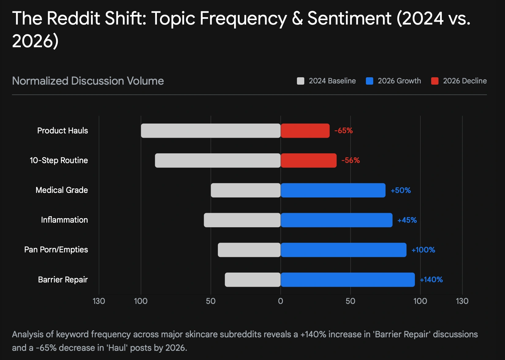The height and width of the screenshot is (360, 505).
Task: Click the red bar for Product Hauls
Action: point(305,131)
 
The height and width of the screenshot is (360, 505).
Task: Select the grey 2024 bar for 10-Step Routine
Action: point(218,160)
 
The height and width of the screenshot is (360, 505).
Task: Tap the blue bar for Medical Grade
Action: point(333,190)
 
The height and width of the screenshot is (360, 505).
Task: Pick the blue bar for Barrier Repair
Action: point(348,280)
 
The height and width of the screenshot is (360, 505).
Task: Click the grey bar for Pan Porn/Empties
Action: point(249,250)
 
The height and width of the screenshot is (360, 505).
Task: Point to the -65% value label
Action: point(344,131)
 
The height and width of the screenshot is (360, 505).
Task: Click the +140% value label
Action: point(431,280)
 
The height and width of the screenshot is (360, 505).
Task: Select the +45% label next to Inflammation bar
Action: point(407,220)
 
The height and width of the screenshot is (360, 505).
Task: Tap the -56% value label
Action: point(351,160)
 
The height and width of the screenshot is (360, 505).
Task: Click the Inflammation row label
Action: point(64,220)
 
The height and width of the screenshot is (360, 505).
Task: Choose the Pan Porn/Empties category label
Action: point(56,250)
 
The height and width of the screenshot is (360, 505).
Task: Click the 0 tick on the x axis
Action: point(280,301)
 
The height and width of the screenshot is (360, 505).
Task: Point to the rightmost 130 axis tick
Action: point(462,301)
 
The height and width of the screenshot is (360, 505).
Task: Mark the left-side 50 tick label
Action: point(211,301)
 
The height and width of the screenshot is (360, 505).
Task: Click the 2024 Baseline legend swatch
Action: point(301,81)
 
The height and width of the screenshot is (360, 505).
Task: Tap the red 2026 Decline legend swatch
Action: point(435,81)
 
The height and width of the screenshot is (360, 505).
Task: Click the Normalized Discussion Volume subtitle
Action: point(88,81)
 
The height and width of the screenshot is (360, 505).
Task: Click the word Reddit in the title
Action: point(73,18)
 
